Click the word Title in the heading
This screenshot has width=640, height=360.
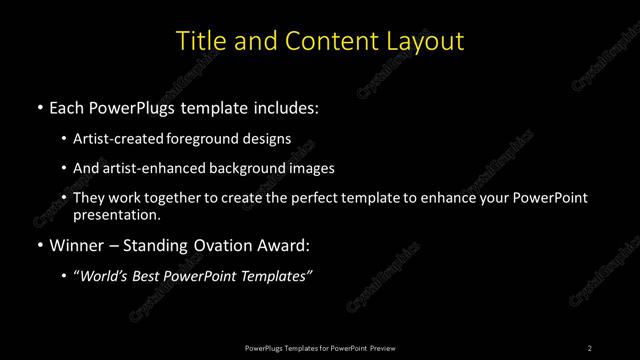(x=200, y=41)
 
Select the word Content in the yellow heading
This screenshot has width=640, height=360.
(x=327, y=41)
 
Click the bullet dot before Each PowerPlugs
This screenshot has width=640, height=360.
(x=38, y=107)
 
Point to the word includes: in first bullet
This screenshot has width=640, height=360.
(x=286, y=107)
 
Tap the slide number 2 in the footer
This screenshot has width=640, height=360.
(x=590, y=347)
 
